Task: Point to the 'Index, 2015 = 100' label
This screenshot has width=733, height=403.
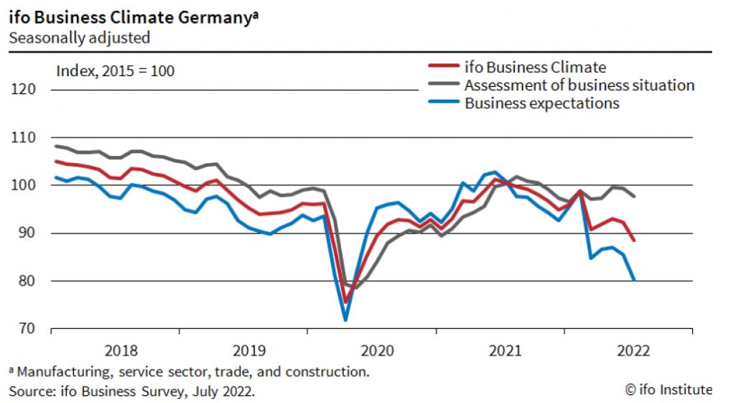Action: [115, 71]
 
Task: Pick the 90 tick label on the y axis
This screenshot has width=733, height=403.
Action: [26, 233]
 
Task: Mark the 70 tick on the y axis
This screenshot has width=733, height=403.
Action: [26, 329]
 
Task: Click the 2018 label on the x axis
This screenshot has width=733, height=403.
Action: [121, 351]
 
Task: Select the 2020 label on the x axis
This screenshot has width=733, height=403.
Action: [377, 351]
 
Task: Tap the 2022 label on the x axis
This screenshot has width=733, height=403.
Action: [633, 351]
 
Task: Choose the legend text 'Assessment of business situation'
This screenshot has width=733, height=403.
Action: [579, 85]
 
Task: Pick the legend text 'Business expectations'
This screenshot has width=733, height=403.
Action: [542, 103]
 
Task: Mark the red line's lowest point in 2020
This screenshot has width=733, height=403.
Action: [345, 302]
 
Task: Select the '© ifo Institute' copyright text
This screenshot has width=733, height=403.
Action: [668, 390]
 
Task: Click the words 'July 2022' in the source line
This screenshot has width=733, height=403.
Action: [225, 392]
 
